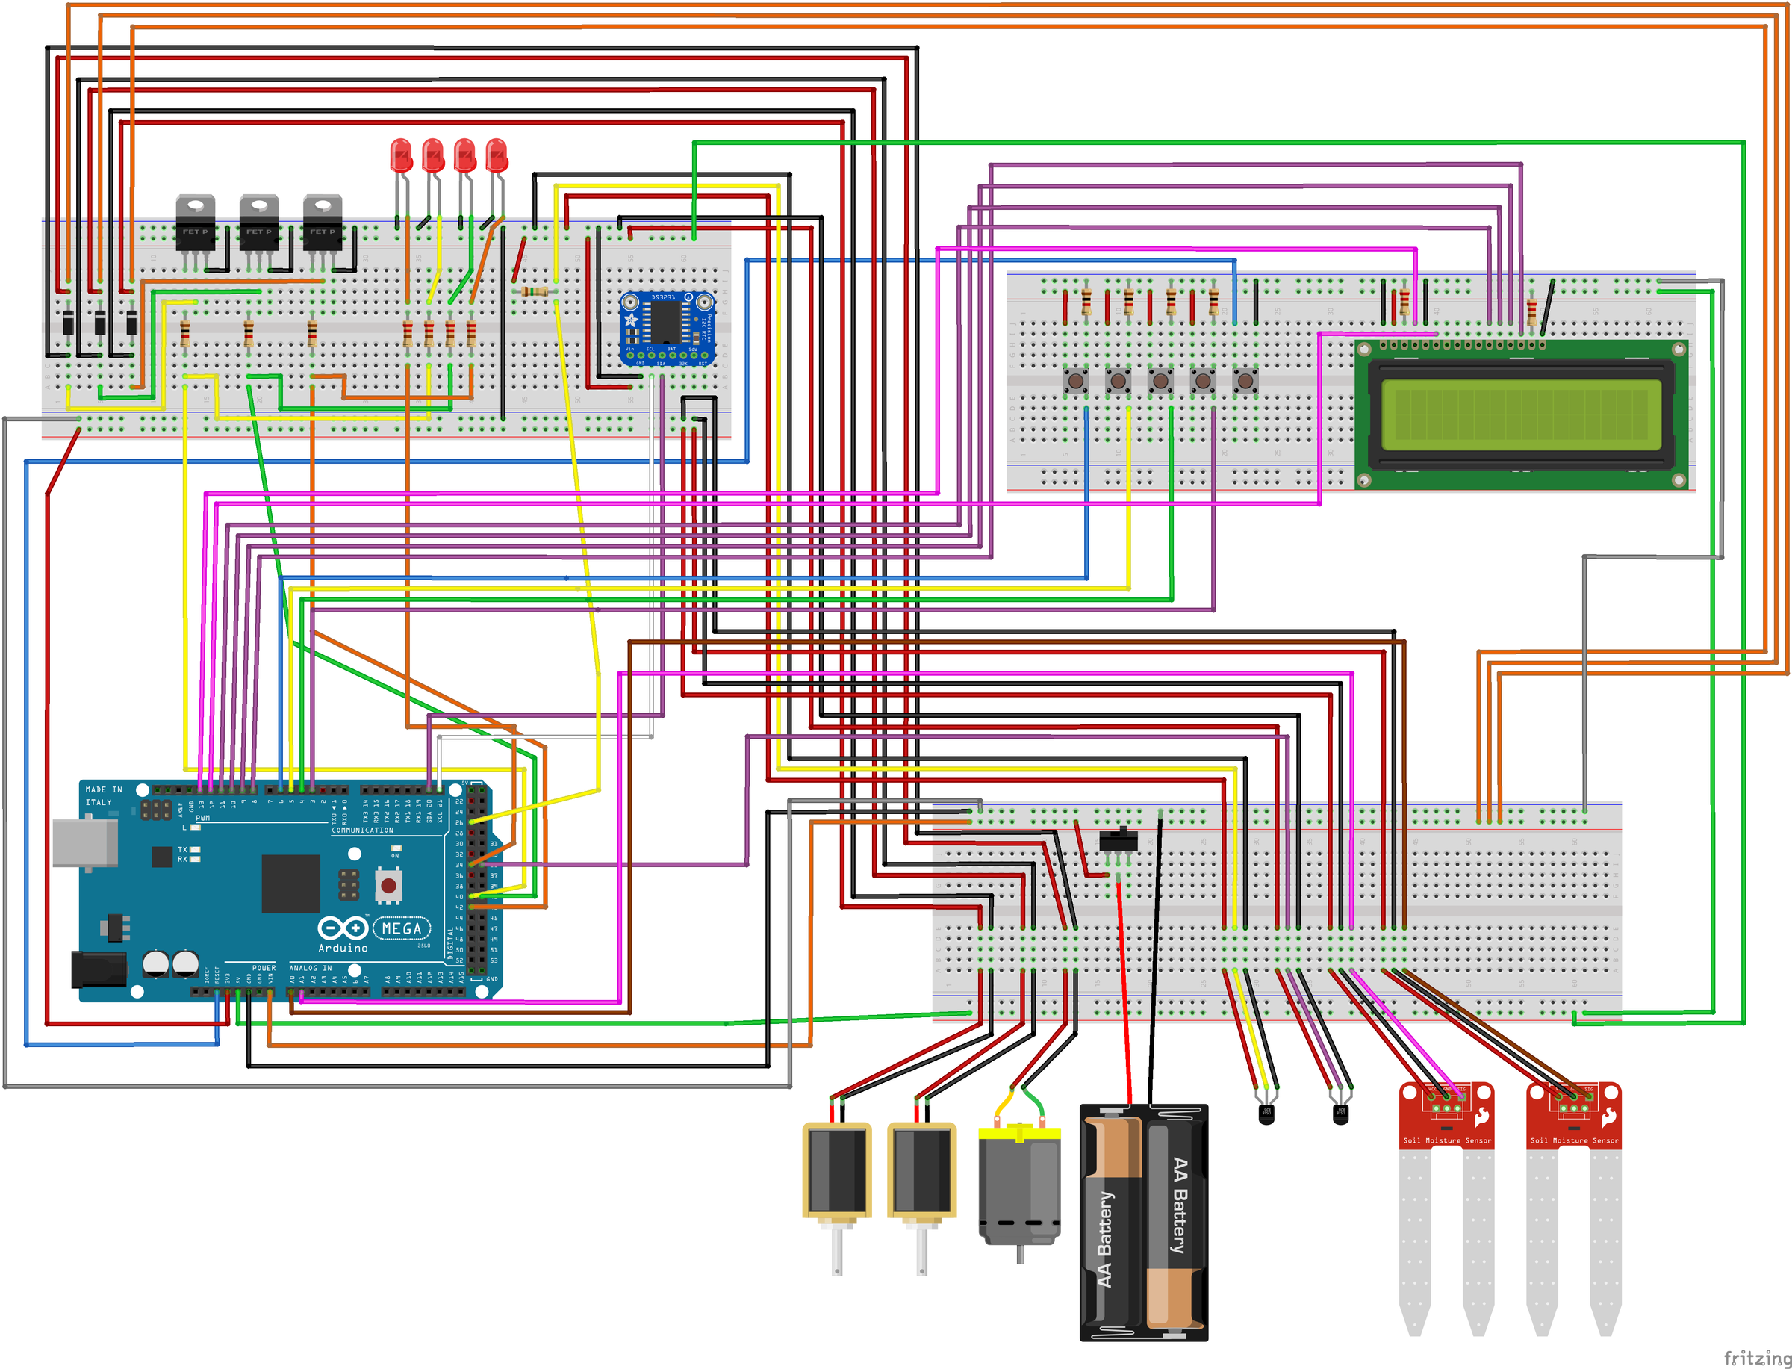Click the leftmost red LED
401,155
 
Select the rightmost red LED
496,155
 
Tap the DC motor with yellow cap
1019,1186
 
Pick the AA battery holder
1143,1223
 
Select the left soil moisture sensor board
1446,1117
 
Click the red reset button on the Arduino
388,885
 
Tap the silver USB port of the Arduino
84,842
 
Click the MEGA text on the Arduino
402,928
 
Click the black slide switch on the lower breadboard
1119,839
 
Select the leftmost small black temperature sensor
1266,1114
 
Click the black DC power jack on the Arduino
99,969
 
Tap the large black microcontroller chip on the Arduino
290,884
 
